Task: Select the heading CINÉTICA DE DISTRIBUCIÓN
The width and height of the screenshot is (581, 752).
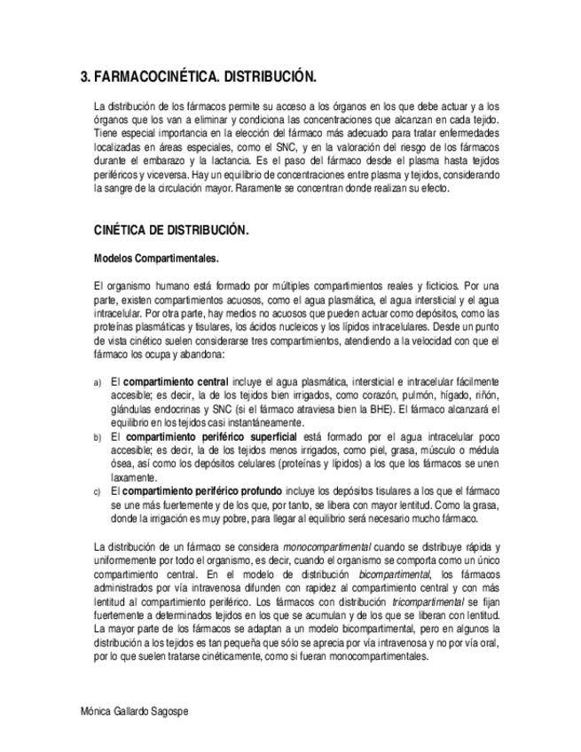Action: tap(171, 230)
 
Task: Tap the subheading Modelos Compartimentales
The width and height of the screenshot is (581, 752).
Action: tap(156, 259)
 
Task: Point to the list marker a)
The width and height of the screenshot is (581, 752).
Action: tap(98, 382)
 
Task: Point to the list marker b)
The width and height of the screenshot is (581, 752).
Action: tap(98, 438)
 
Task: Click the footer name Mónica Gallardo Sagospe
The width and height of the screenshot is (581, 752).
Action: tap(134, 712)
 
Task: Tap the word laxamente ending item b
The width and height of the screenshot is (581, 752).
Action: tap(133, 477)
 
